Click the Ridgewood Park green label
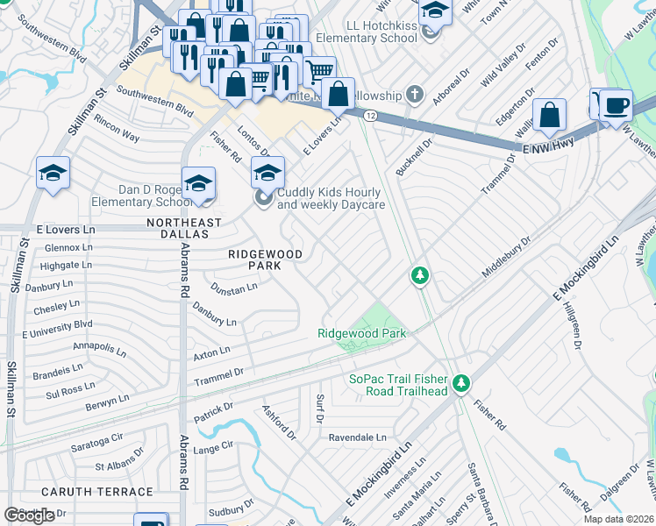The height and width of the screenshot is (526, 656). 362,333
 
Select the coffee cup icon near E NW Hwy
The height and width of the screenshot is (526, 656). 616,105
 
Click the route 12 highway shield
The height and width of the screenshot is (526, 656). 371,116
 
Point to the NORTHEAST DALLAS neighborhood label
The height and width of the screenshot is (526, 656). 177,229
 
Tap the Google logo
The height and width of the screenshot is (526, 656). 29,515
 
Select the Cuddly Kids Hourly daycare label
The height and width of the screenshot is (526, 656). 331,198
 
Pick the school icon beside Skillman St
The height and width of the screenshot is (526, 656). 53,174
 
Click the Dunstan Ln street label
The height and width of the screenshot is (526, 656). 234,287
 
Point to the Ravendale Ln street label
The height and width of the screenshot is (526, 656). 357,437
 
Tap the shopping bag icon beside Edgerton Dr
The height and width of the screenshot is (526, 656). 549,114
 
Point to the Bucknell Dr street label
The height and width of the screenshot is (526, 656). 414,156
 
